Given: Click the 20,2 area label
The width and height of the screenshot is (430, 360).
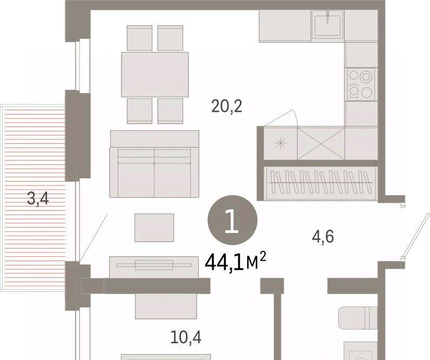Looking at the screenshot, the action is [x=227, y=106].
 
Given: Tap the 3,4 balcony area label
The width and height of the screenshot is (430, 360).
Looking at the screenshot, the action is [x=38, y=199].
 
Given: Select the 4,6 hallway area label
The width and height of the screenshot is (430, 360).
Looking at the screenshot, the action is [x=323, y=237].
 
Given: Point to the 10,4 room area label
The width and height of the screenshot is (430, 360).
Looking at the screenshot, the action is [x=186, y=337].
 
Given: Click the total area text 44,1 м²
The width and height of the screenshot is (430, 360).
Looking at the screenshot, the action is [x=236, y=262].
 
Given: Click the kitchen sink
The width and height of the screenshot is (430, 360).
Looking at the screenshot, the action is [x=327, y=25].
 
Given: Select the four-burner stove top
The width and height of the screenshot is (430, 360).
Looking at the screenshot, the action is [x=360, y=84].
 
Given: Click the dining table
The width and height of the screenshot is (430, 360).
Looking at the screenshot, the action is [x=155, y=75].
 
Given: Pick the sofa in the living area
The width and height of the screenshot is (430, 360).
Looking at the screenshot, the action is [x=154, y=164].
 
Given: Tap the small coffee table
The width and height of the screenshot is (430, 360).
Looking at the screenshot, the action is [x=154, y=228].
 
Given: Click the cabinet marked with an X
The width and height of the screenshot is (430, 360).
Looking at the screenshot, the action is [x=321, y=143].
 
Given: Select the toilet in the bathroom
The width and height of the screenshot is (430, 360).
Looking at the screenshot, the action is [x=358, y=318].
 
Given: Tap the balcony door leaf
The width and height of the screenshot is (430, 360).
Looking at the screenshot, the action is [x=93, y=238].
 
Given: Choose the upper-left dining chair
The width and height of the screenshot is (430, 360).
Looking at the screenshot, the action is [x=139, y=38].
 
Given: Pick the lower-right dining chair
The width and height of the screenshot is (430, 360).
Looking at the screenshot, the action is [x=170, y=111].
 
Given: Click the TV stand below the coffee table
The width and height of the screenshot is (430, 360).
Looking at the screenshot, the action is [x=154, y=267].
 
